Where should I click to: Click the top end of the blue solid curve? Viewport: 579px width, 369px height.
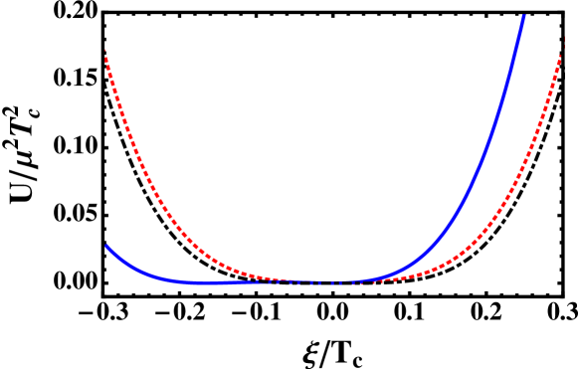[x=522, y=16]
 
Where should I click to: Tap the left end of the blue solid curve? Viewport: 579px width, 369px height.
[x=107, y=246]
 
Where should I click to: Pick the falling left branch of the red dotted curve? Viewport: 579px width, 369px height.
[x=149, y=179]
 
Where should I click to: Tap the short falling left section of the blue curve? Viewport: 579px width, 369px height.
[x=129, y=267]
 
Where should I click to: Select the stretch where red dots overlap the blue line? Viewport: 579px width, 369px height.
[x=318, y=282]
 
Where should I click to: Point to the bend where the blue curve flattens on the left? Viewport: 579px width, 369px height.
[x=169, y=279]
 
